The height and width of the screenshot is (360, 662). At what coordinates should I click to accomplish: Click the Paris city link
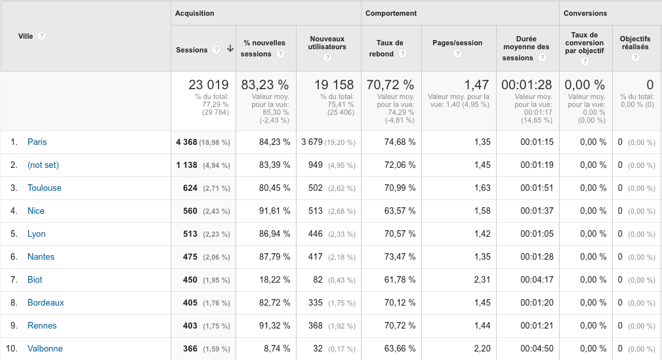point(37,142)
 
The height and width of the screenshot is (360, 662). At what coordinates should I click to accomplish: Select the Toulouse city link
point(44,188)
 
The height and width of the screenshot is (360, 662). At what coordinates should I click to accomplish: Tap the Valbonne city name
point(45,349)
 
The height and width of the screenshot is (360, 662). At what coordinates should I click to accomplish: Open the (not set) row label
point(43,165)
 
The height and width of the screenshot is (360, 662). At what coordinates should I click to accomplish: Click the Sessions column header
point(192,50)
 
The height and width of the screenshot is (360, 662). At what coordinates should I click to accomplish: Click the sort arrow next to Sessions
point(230,49)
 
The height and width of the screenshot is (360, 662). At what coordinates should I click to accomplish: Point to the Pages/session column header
point(457,43)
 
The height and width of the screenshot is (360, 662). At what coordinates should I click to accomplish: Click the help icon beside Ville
point(42,36)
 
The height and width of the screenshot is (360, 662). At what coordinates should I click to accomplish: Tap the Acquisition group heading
point(194,13)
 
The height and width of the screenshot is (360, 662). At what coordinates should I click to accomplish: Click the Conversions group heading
point(585,13)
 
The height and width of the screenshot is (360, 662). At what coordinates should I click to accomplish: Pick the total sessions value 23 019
point(209,85)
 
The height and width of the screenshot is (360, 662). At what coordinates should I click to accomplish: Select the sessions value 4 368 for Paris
point(186,142)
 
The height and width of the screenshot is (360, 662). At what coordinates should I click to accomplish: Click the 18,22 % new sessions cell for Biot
point(274,280)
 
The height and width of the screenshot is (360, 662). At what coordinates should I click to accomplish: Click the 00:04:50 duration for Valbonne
point(537,349)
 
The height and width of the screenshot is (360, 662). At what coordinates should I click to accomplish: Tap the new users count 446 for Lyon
point(316,234)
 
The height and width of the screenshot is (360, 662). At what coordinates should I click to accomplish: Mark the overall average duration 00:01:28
point(526,85)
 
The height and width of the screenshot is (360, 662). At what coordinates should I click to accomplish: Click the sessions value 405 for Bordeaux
point(190,303)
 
